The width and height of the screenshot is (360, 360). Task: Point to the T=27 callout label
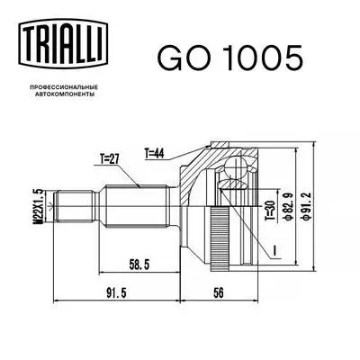click(111, 163)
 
